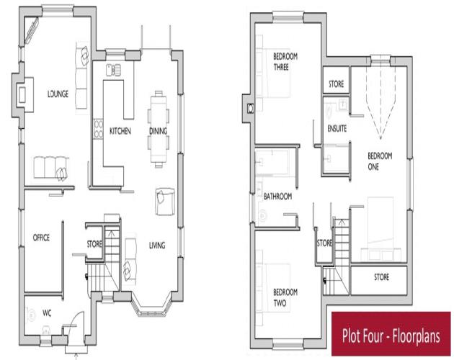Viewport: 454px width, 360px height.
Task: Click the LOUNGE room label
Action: click(58, 94)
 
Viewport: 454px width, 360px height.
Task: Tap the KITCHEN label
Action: click(120, 131)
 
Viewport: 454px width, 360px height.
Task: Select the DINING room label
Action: click(158, 131)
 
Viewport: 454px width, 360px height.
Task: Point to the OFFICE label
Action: click(41, 238)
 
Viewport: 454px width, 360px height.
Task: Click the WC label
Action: click(47, 312)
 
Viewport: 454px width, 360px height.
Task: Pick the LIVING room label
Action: click(157, 246)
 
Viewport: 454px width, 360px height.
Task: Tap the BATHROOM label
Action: click(277, 197)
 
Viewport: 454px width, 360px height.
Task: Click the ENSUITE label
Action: click(337, 128)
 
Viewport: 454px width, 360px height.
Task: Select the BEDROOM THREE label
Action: click(285, 62)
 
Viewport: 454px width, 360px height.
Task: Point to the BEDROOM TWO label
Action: click(285, 297)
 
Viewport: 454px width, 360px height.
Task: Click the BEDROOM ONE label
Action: click(380, 161)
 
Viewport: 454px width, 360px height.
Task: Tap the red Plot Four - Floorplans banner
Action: click(391, 333)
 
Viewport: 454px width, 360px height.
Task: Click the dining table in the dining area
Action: click(159, 129)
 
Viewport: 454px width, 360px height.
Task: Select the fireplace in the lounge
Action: click(22, 94)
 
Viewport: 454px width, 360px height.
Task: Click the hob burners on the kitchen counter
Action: click(99, 129)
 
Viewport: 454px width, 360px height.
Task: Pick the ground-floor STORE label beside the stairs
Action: click(94, 244)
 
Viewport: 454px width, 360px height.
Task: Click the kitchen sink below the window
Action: click(113, 70)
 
